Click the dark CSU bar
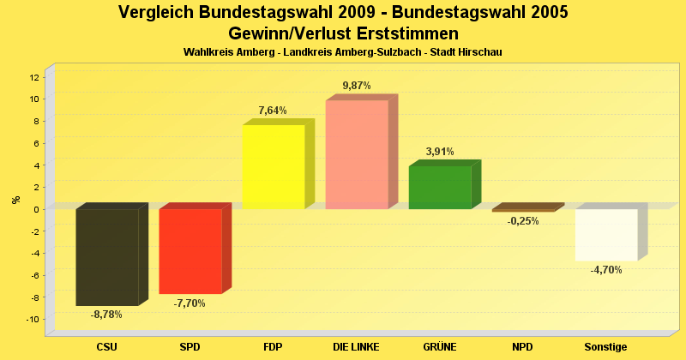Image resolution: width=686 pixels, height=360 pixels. point(107,257)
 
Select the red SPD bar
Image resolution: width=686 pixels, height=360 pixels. point(190,251)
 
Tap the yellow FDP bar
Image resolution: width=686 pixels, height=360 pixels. point(274,166)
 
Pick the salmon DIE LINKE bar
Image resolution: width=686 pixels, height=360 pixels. point(357,154)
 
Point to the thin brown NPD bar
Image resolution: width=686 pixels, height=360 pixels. point(524,208)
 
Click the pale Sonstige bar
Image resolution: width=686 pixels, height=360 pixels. point(606,234)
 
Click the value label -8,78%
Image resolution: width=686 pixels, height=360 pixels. point(106,315)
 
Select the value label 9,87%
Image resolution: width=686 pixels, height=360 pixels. point(357,86)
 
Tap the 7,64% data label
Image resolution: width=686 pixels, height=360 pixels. point(273,111)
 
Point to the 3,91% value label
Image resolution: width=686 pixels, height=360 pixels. point(440,152)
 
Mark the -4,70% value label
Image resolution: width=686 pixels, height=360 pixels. point(606,270)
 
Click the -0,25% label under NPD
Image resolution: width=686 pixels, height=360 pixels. point(523,221)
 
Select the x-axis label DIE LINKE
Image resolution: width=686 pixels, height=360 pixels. point(357,346)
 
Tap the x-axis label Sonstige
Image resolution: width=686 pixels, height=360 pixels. point(606,346)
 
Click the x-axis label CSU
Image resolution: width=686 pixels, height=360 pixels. point(106,346)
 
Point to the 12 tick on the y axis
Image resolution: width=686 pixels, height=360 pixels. point(34,77)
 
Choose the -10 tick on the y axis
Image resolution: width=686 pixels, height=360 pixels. point(33,320)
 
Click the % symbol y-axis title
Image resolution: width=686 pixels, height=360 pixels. point(15,199)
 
